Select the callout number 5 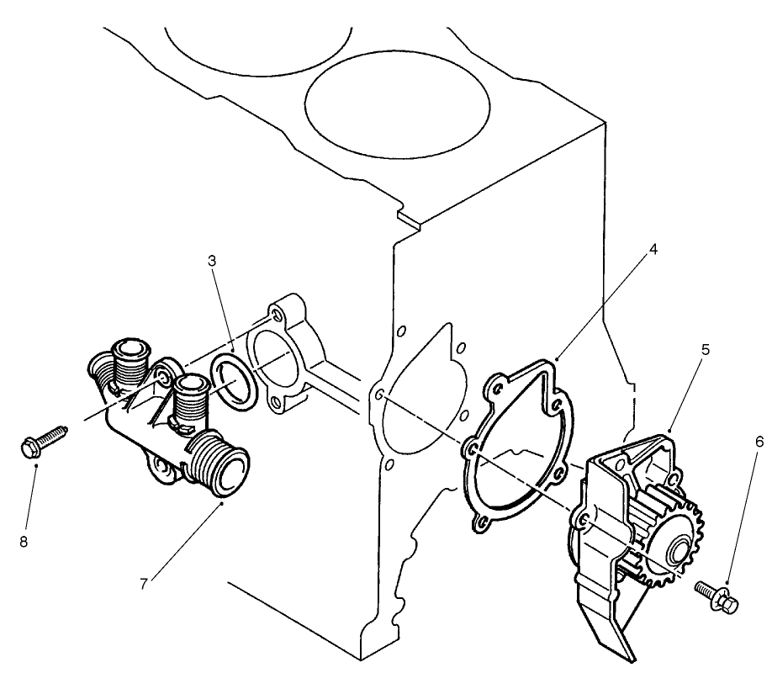(x=706, y=348)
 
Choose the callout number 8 (x=24, y=543)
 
